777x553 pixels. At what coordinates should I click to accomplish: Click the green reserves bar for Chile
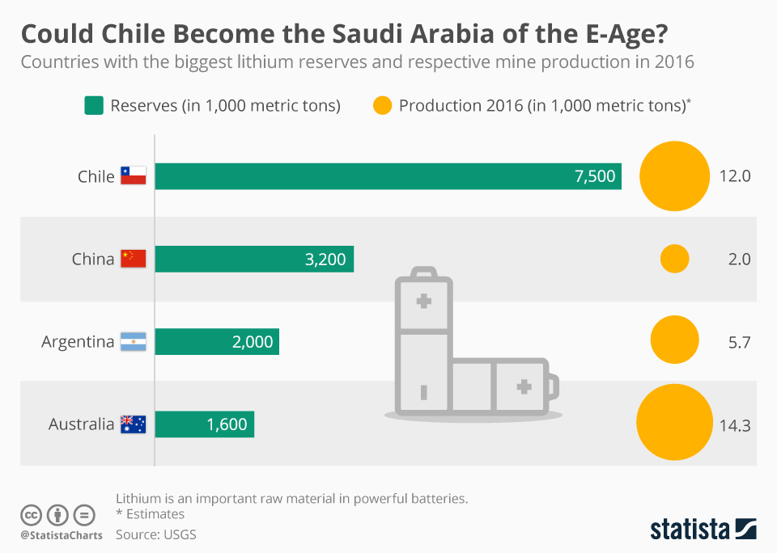tap(388, 176)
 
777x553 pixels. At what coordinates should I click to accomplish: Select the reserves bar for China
tap(254, 260)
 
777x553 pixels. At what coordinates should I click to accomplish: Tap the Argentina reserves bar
tap(217, 342)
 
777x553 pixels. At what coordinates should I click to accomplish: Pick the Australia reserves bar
tap(204, 424)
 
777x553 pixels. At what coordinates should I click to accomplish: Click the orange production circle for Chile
tap(674, 176)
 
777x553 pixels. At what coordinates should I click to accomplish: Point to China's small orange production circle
tap(674, 260)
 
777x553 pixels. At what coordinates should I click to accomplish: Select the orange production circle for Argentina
tap(674, 340)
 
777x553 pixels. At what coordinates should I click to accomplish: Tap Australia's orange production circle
tap(674, 424)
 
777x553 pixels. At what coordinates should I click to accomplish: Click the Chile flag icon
tap(133, 176)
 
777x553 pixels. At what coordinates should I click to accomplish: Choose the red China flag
tap(133, 259)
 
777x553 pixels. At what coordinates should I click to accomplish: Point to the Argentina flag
tap(133, 342)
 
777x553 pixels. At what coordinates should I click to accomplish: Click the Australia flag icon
tap(133, 424)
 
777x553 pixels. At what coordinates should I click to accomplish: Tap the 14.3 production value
tap(735, 424)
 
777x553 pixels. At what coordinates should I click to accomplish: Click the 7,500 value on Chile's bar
tap(595, 176)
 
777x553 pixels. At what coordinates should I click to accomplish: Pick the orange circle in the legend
tap(382, 105)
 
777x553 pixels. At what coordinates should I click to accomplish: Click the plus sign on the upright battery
tap(422, 302)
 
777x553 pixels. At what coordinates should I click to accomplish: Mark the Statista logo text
tap(690, 530)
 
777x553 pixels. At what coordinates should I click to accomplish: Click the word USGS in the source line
tap(179, 534)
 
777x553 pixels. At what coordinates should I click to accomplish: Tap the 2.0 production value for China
tap(739, 260)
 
